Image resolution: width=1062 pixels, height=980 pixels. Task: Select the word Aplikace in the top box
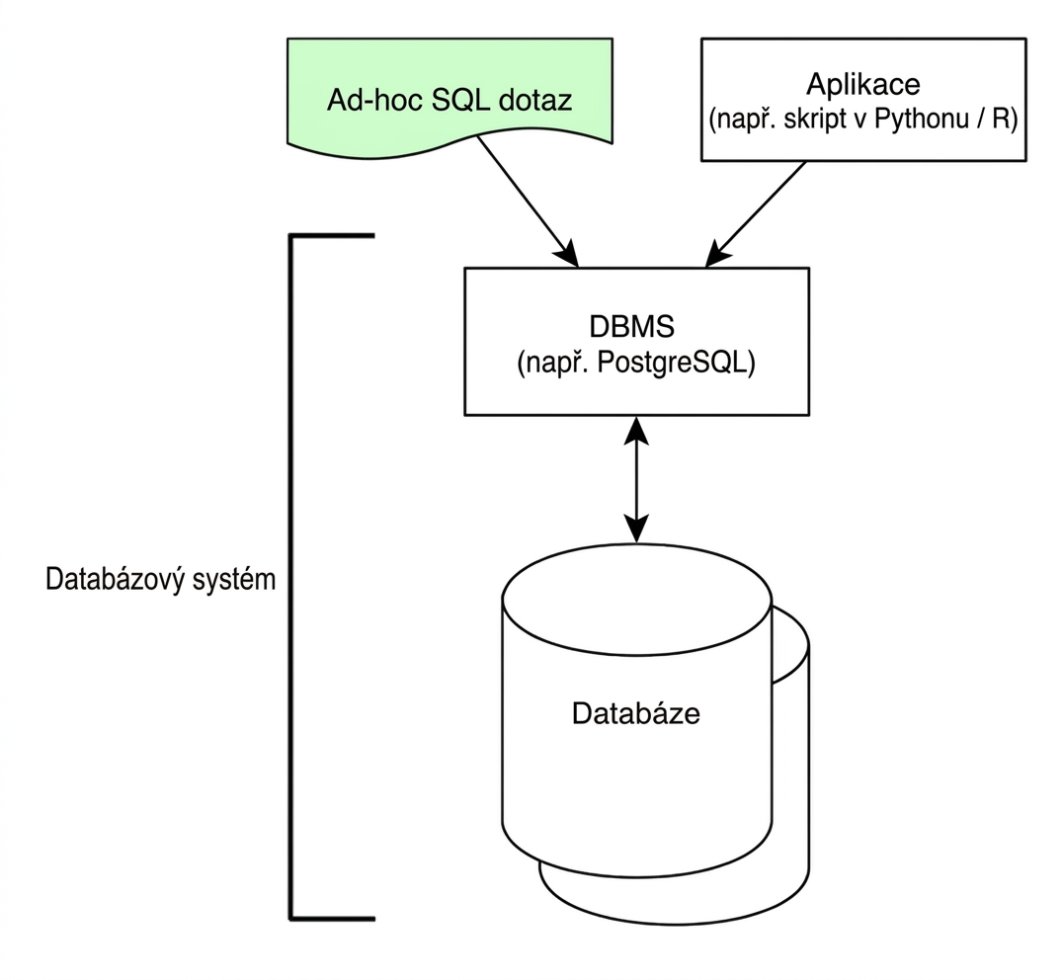coord(862,85)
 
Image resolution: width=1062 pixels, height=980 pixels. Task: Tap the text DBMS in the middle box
coord(632,327)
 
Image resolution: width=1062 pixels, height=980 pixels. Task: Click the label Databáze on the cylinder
coord(636,714)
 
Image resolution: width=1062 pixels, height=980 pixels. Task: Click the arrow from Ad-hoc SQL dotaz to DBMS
coord(528,202)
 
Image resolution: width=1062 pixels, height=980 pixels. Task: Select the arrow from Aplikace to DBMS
coord(755,214)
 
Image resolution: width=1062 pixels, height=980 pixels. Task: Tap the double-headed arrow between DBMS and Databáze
coord(636,479)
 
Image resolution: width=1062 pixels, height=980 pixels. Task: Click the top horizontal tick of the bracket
coord(332,236)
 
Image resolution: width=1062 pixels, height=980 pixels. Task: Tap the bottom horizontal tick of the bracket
coord(332,919)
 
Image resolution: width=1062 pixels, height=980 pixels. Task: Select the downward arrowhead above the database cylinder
coord(636,529)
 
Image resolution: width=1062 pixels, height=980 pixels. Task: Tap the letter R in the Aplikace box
coord(1001,120)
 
